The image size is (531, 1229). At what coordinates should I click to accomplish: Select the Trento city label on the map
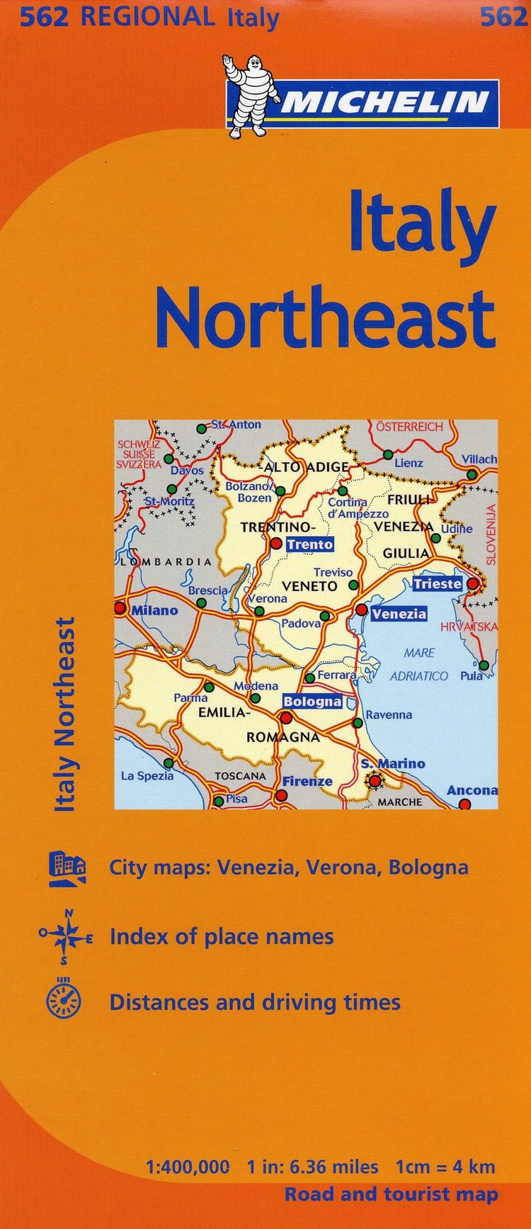[x=309, y=544]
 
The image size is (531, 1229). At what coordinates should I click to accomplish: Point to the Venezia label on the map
[x=399, y=614]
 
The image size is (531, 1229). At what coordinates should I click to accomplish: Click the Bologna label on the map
[x=312, y=702]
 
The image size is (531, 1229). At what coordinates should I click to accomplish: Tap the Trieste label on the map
[x=437, y=584]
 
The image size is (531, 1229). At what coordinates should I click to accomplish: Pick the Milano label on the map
[x=154, y=610]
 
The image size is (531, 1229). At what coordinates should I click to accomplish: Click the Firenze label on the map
[x=307, y=781]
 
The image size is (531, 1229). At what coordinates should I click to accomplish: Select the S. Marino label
[x=393, y=763]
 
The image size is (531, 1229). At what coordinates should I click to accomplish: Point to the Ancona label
[x=472, y=790]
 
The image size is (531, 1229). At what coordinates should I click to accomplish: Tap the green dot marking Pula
[x=484, y=666]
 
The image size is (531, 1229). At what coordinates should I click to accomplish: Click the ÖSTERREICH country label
[x=409, y=427]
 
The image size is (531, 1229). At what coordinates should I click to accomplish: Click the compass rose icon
[x=66, y=937]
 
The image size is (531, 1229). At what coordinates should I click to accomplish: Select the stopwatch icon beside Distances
[x=64, y=1001]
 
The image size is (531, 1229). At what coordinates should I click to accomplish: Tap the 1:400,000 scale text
[x=188, y=1167]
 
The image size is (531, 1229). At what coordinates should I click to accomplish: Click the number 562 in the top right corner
[x=503, y=16]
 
